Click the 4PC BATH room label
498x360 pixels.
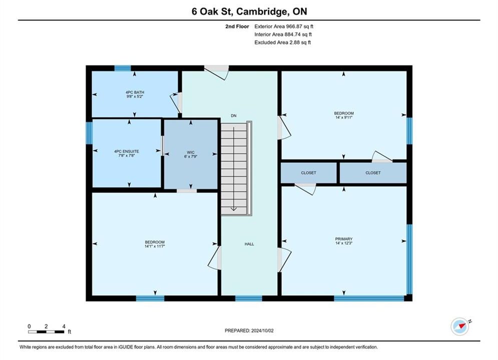click(135, 92)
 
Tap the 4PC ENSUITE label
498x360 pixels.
click(127, 151)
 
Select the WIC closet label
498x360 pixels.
click(191, 152)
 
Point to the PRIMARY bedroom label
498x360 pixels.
click(344, 239)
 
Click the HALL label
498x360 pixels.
click(249, 244)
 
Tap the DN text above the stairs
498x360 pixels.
click(233, 116)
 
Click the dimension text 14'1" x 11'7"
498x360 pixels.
click(155, 246)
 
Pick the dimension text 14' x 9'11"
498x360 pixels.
click(344, 117)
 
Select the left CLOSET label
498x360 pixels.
click(308, 173)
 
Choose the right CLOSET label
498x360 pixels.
click(373, 173)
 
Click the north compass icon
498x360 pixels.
click(460, 326)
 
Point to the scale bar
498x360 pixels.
click(46, 332)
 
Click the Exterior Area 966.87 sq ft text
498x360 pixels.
click(284, 26)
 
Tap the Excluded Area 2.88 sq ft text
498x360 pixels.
click(282, 42)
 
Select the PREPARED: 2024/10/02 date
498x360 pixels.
click(249, 330)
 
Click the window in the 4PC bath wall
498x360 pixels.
click(123, 68)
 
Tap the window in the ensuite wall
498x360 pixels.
click(89, 133)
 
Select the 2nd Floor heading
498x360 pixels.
click(237, 26)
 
